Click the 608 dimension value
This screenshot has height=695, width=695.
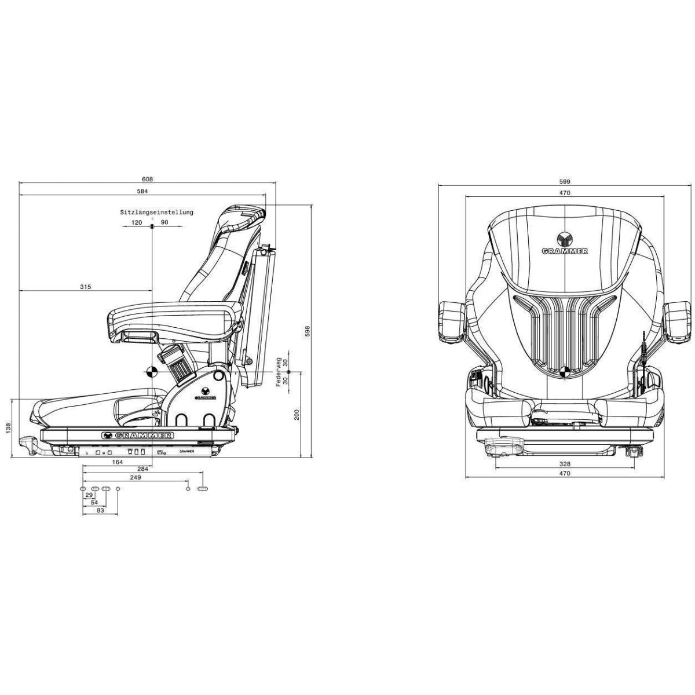click(x=148, y=179)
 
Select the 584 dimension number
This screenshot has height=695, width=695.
click(x=143, y=191)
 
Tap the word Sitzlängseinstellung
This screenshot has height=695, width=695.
click(x=156, y=213)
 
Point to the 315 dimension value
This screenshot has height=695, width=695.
click(x=86, y=287)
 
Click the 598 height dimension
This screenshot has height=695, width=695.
click(x=308, y=331)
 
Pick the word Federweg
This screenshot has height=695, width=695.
click(x=279, y=372)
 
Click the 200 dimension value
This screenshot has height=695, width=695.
click(x=296, y=415)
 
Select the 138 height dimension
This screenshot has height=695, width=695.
click(x=8, y=428)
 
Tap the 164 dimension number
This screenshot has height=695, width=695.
click(x=118, y=462)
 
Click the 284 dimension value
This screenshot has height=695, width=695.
click(x=143, y=469)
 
